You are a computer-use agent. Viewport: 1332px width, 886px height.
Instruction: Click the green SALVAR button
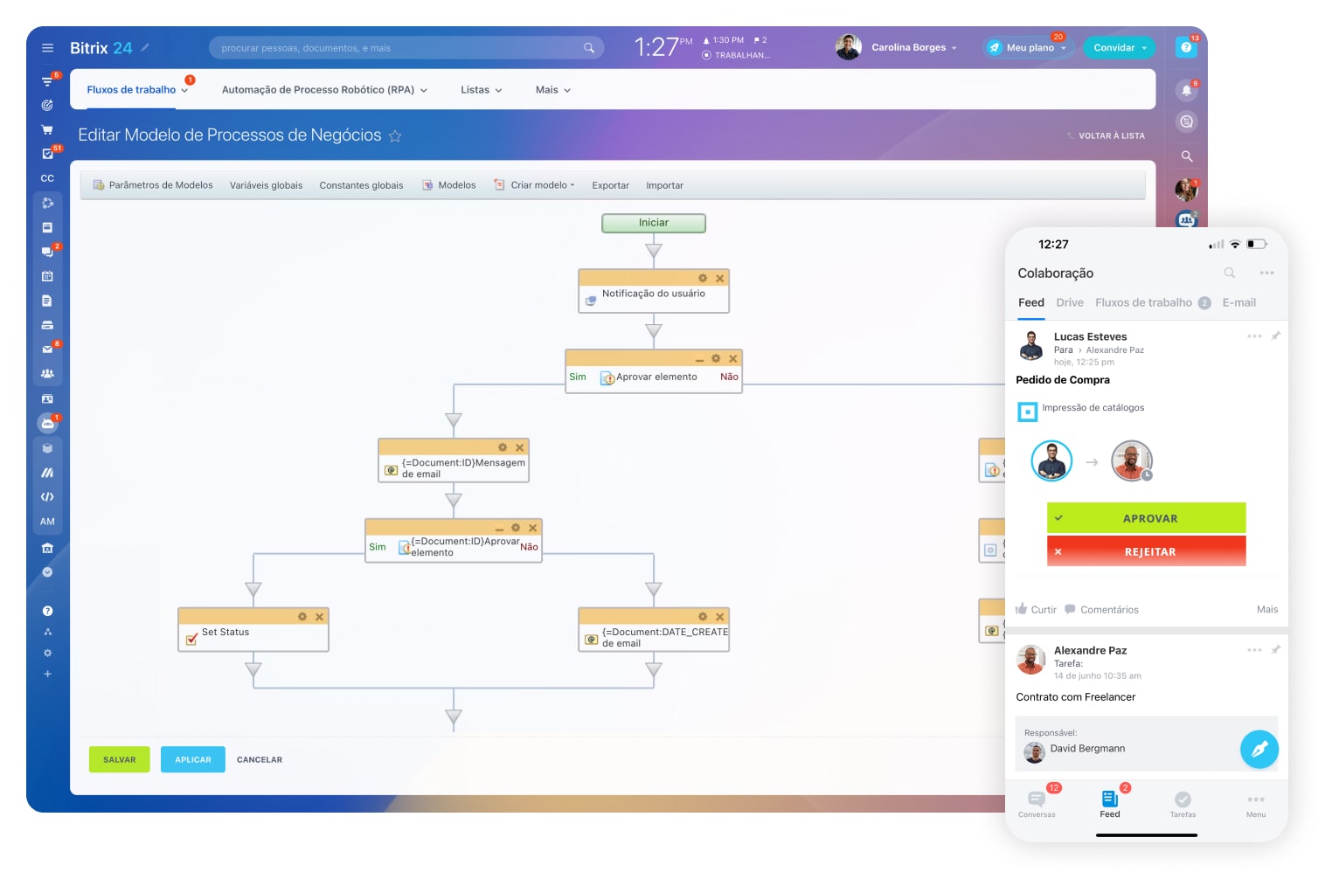click(119, 759)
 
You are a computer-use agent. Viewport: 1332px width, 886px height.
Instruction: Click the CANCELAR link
click(260, 759)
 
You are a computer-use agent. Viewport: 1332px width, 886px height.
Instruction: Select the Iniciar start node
click(654, 223)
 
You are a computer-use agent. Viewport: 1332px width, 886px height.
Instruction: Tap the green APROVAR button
click(1146, 518)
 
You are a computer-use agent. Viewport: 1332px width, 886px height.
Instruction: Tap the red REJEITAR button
click(1146, 551)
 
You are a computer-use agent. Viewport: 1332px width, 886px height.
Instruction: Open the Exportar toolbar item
click(610, 185)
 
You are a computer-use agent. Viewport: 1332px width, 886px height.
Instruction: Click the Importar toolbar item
click(664, 185)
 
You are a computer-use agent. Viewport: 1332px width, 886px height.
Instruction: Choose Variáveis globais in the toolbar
click(266, 185)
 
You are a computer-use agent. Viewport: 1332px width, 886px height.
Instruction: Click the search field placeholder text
click(306, 48)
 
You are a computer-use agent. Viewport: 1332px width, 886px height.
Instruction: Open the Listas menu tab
click(481, 90)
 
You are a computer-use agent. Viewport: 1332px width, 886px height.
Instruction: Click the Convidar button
click(1119, 48)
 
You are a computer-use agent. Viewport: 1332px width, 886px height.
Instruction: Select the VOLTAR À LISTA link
click(1111, 135)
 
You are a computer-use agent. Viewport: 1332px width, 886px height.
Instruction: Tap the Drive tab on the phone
click(1069, 302)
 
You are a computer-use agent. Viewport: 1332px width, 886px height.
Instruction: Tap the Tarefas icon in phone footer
click(1183, 803)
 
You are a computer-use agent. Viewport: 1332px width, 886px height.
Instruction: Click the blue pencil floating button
click(1259, 749)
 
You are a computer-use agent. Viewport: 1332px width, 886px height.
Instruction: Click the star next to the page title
click(395, 136)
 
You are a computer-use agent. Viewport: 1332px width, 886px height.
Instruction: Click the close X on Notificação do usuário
click(720, 279)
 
